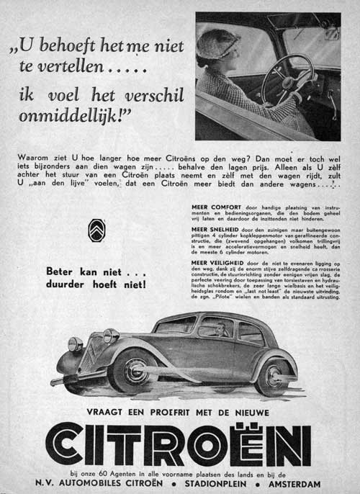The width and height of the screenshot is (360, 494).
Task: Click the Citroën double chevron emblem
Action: (x=96, y=233)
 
